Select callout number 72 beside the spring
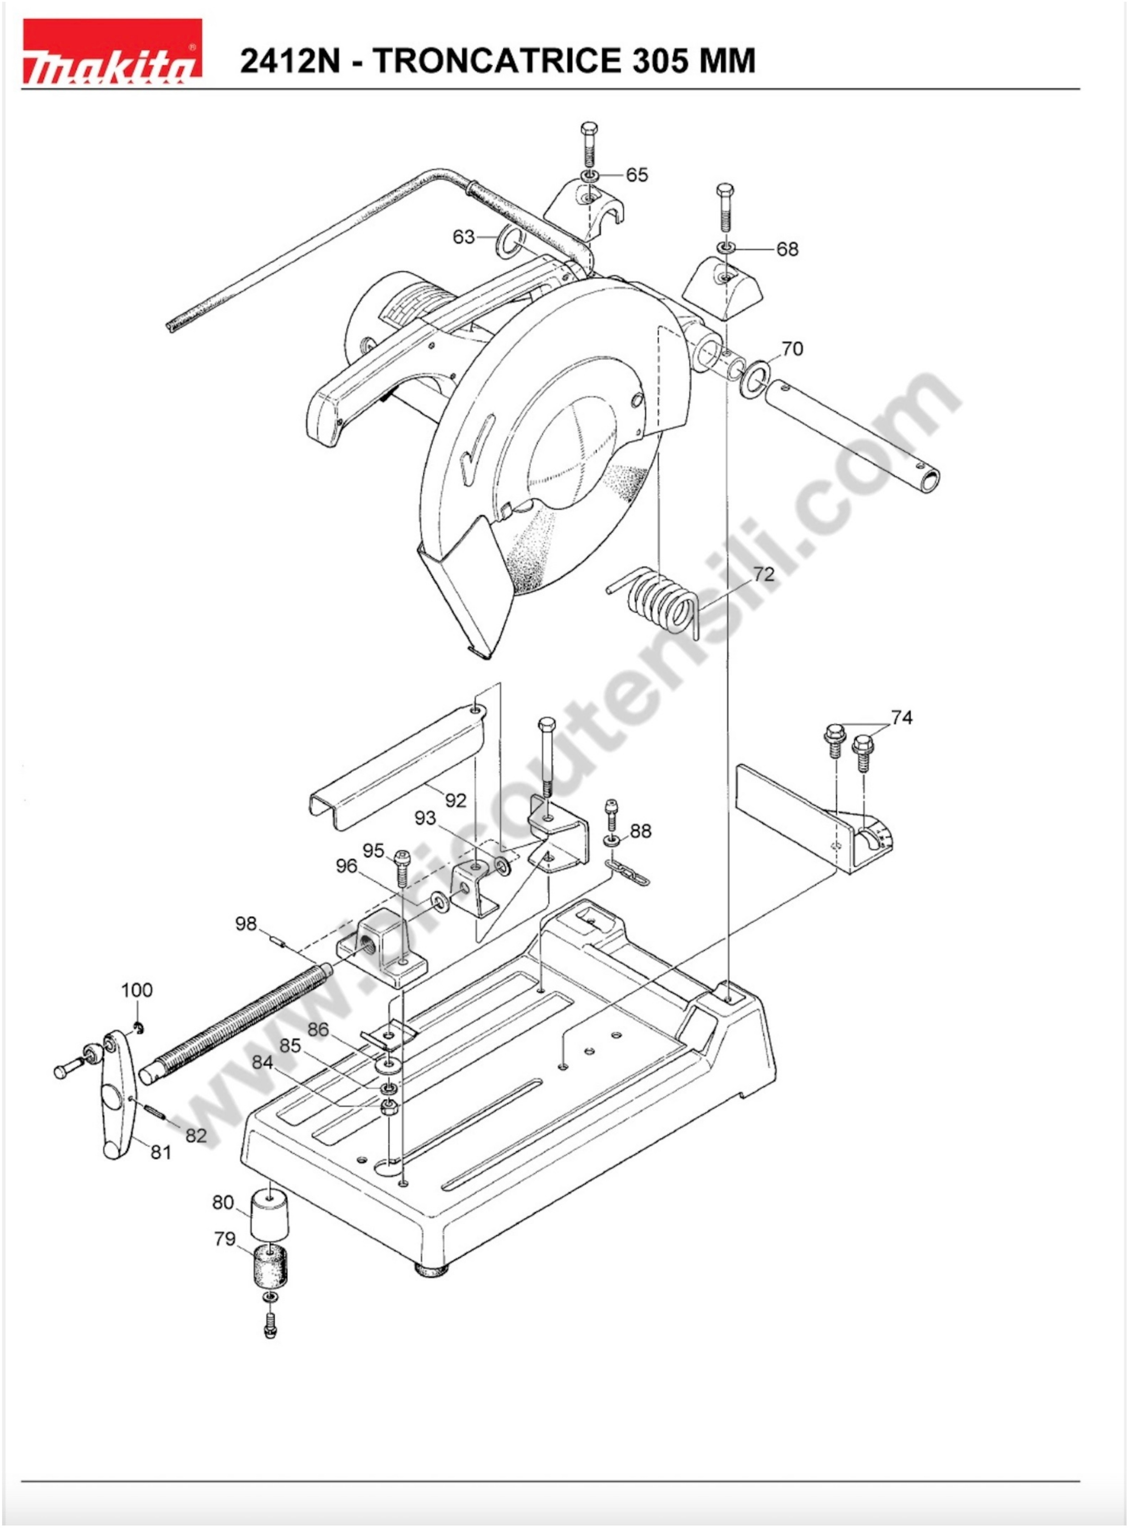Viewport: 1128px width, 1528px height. click(x=764, y=574)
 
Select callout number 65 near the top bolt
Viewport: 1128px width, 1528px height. click(x=637, y=175)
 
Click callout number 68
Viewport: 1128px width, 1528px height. click(x=787, y=249)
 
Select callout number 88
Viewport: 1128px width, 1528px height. click(x=640, y=831)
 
